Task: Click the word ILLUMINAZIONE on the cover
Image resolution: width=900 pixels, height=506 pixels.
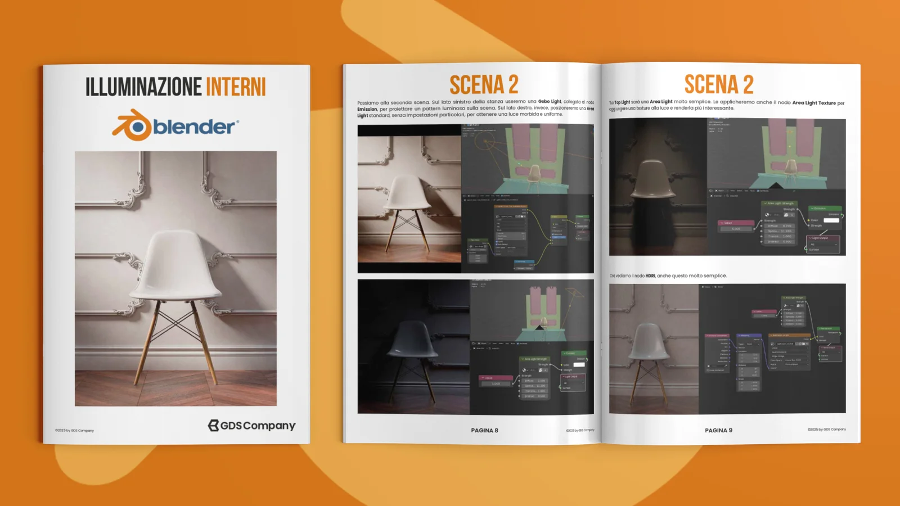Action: click(143, 87)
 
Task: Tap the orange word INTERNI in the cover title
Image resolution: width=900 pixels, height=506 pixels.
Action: click(236, 87)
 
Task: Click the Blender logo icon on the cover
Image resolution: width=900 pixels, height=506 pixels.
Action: click(132, 125)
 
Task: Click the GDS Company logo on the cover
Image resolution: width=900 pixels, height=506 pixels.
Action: click(251, 426)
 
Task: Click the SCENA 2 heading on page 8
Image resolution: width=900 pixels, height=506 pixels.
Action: click(484, 85)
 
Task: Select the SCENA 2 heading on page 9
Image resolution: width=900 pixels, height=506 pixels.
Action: click(718, 85)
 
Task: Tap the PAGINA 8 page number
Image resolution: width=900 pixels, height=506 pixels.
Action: click(484, 431)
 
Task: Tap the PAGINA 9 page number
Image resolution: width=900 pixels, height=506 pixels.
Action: click(718, 431)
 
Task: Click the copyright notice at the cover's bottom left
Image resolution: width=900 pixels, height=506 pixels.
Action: click(74, 431)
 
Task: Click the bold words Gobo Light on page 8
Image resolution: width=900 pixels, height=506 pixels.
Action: click(550, 102)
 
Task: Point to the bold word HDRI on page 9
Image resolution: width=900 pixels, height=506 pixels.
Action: click(650, 276)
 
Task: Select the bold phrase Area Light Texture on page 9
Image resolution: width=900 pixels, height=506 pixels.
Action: click(814, 103)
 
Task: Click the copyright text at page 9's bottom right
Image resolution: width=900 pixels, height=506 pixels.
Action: click(826, 430)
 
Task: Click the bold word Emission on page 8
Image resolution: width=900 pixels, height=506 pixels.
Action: click(367, 109)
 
